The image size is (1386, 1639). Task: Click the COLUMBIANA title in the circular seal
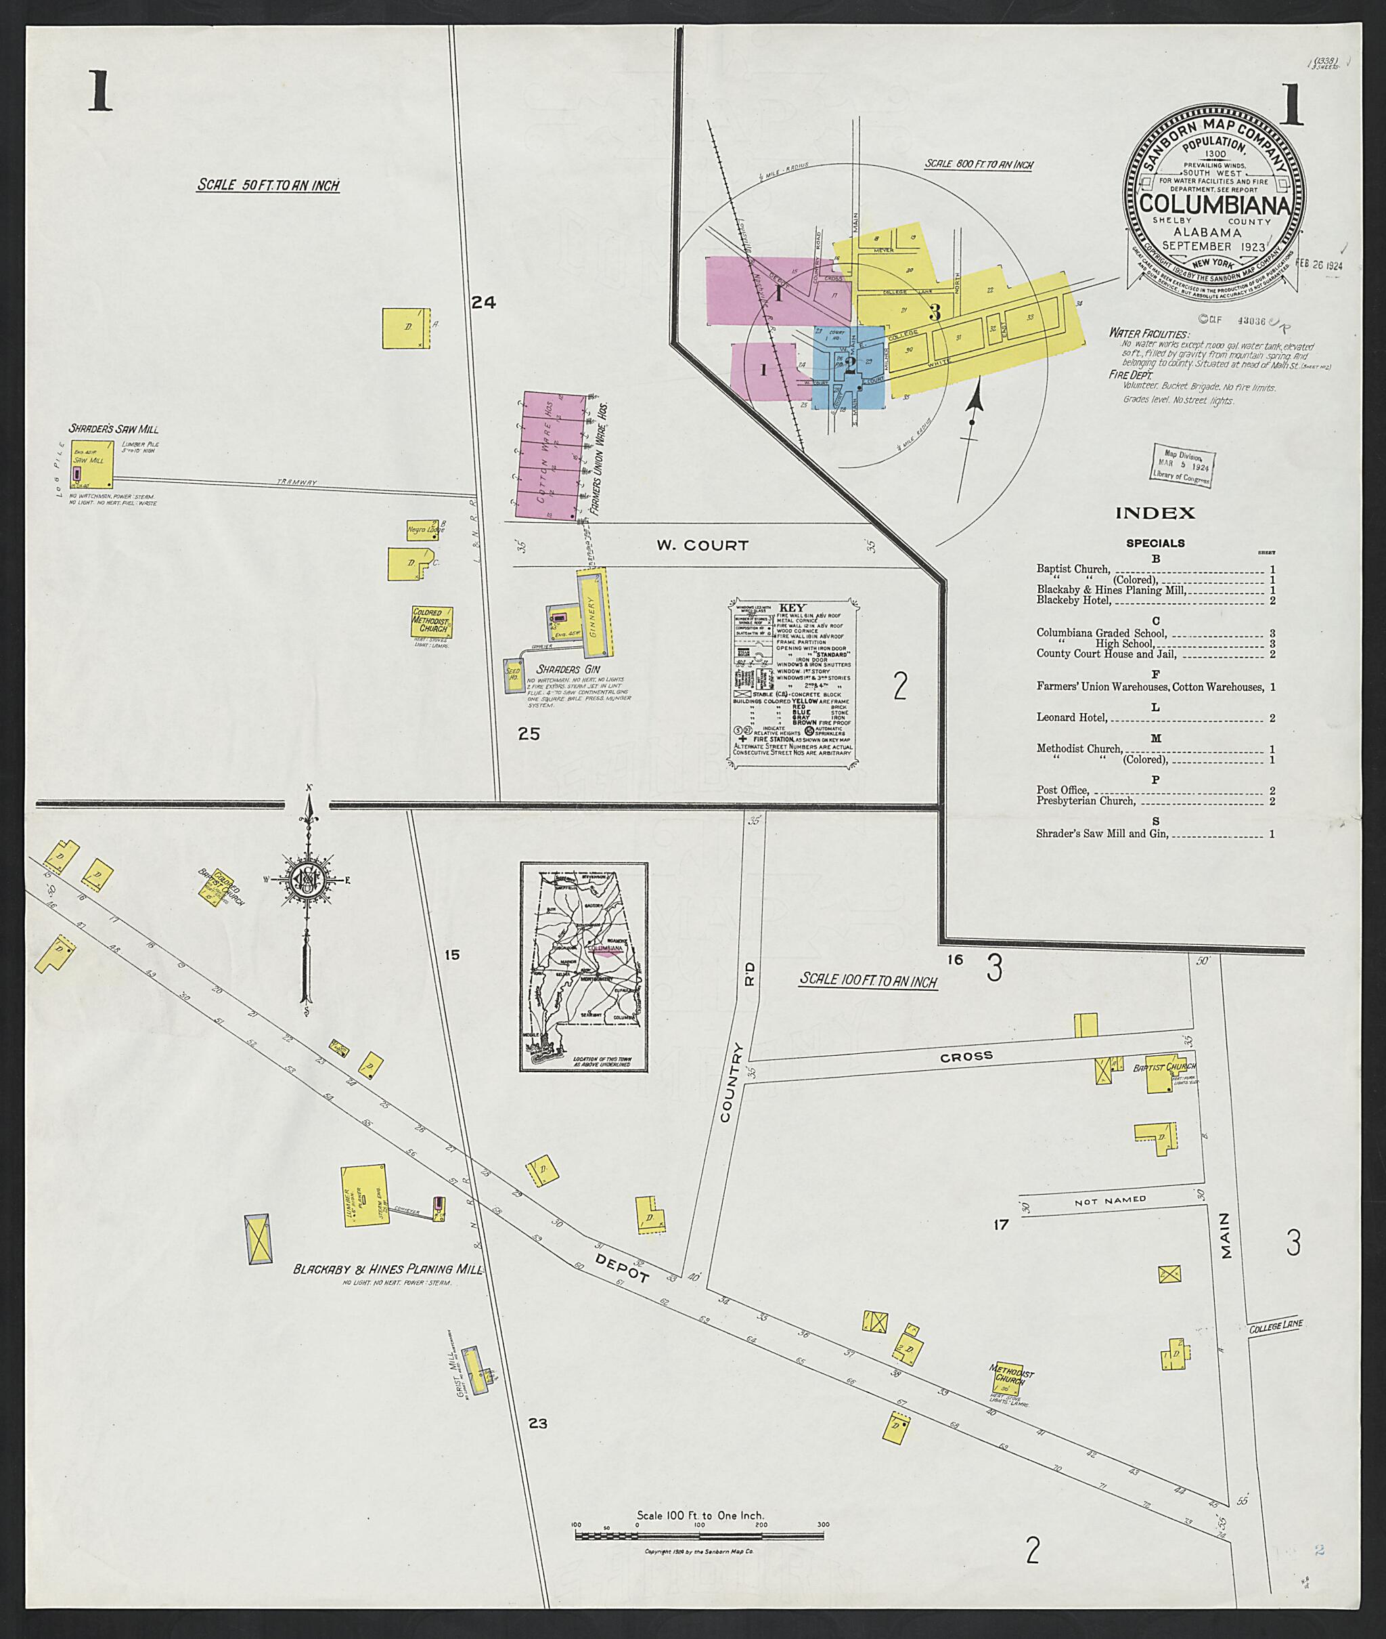coord(1214,205)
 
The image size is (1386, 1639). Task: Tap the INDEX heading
coord(1155,513)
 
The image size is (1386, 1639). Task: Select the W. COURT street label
coord(702,545)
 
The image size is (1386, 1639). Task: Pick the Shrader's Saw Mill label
coord(114,429)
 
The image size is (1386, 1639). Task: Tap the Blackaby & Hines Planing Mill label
coord(387,1269)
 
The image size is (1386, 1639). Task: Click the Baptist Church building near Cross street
coord(1161,1076)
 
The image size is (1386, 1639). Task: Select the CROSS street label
coord(966,1057)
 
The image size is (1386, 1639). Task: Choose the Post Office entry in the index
coord(1063,790)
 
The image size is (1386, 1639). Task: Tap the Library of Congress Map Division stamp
coord(1182,465)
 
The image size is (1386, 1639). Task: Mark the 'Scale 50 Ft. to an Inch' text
coord(268,186)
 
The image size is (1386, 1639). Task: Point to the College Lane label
coord(1275,1325)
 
